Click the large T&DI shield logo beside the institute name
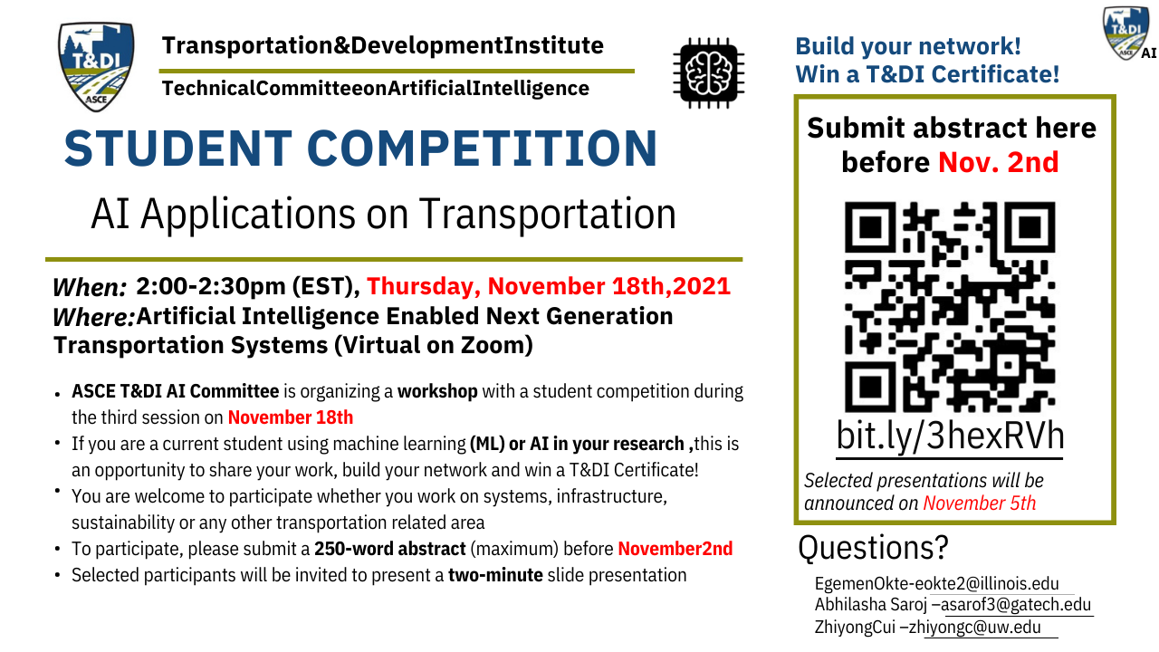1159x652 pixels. click(96, 66)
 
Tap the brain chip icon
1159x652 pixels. click(708, 73)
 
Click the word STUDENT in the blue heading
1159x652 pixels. click(178, 149)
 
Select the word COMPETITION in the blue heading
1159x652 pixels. click(483, 149)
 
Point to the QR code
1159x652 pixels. click(950, 307)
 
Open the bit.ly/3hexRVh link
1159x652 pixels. click(950, 436)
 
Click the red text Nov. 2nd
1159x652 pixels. click(998, 162)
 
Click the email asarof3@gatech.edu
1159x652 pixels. click(1016, 604)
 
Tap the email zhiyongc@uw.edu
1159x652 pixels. click(975, 628)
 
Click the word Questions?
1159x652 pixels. click(874, 548)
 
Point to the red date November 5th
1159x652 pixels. click(980, 503)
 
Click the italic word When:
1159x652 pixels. click(90, 288)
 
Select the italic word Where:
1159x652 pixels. click(93, 317)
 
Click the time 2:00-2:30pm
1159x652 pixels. click(211, 287)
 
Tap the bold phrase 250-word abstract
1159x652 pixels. click(390, 549)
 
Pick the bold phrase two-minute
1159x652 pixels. click(495, 575)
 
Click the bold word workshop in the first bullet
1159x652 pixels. click(437, 392)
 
